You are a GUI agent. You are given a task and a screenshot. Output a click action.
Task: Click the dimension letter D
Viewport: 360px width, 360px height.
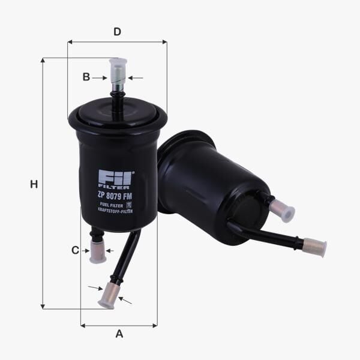118,32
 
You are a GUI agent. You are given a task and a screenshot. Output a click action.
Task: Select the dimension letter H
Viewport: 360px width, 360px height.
34,185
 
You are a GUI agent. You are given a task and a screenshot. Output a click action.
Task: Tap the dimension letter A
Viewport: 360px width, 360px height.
119,334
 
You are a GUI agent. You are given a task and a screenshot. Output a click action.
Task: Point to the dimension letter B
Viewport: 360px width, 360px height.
86,77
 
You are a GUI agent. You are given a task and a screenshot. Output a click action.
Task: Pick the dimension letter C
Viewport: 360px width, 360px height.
75,250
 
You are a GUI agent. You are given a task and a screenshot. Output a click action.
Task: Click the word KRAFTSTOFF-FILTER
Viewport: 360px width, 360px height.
115,211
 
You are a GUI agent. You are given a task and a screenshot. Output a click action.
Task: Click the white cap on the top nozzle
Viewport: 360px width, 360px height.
118,71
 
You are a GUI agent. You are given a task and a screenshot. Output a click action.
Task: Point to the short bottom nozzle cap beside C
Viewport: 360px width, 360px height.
97,251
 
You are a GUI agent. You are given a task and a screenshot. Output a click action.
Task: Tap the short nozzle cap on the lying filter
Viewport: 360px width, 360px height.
282,210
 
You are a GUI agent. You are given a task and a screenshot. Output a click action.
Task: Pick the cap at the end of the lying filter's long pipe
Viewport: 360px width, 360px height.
314,247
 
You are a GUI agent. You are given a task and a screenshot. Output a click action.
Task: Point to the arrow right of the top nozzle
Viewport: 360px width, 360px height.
136,78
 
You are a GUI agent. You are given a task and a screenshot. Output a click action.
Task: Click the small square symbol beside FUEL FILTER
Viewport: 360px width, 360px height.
129,205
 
